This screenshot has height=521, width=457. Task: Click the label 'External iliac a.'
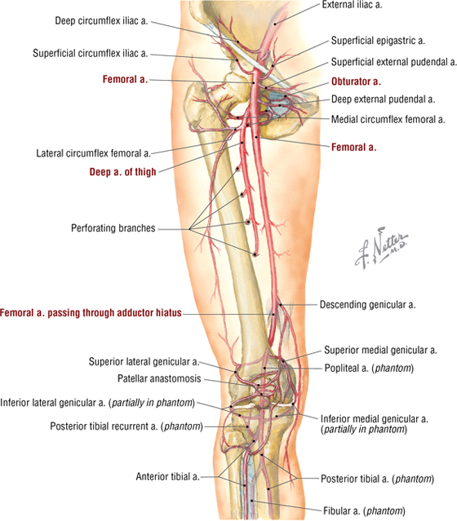point(352,5)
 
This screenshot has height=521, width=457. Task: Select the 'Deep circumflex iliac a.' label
point(101,21)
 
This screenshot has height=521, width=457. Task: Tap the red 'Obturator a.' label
point(356,82)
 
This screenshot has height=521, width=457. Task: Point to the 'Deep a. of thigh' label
point(122,172)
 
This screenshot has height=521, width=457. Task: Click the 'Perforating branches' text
point(113,228)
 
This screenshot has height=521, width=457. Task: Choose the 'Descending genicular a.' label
point(367,305)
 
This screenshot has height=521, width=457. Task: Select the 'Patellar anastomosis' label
point(159,378)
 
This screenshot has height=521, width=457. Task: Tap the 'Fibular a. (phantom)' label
point(364,510)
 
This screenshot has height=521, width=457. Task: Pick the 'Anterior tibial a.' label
point(167,476)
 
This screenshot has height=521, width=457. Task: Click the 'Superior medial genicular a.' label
point(381,350)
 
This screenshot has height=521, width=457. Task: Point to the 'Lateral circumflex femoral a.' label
point(94,153)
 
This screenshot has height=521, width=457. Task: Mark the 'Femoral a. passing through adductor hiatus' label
point(91,312)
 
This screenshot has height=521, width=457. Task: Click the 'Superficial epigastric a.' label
point(378,41)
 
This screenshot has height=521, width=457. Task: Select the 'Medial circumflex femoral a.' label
point(388,119)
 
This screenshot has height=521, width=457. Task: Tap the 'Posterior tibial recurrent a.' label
point(126,426)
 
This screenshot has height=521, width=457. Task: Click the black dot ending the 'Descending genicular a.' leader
point(280,304)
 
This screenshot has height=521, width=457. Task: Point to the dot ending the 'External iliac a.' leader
point(275,24)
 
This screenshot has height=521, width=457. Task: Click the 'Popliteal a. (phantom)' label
point(369,369)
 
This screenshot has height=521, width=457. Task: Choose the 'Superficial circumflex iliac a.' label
point(91,53)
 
